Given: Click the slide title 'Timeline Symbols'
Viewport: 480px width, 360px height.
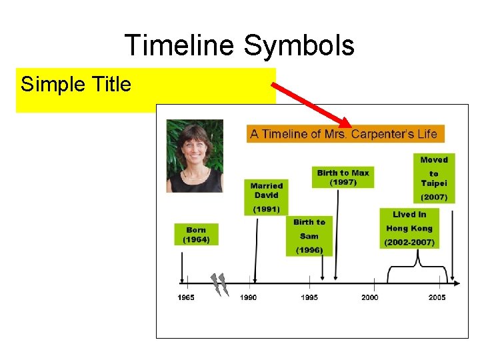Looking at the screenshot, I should [239, 46].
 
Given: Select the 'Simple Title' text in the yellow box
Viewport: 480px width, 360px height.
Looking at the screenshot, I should [76, 85].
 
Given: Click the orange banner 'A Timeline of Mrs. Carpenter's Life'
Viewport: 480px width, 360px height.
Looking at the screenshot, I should [344, 134].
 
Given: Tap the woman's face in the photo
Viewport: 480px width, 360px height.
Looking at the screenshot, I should [194, 147].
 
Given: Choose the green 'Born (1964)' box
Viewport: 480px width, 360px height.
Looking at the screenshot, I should [196, 235].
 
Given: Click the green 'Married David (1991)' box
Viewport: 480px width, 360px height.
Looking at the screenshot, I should [267, 197].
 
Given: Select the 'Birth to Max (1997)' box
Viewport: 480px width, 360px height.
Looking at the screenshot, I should [343, 177].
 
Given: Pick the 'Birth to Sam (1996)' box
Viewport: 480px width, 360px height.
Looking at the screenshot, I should [309, 236].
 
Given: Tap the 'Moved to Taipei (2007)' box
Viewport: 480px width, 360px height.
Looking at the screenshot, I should [434, 178].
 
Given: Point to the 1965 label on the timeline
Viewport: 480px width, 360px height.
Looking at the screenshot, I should [186, 297].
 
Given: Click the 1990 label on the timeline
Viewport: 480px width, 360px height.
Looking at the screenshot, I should [248, 297].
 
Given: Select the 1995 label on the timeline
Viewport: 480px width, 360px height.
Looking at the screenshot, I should [309, 297].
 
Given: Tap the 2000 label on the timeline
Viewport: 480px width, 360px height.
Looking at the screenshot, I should [370, 297].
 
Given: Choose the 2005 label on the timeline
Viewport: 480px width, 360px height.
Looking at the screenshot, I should [437, 297].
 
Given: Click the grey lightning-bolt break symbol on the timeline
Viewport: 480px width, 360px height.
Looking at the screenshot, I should [219, 285].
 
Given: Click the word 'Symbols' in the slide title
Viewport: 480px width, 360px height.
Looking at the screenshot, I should [299, 46].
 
